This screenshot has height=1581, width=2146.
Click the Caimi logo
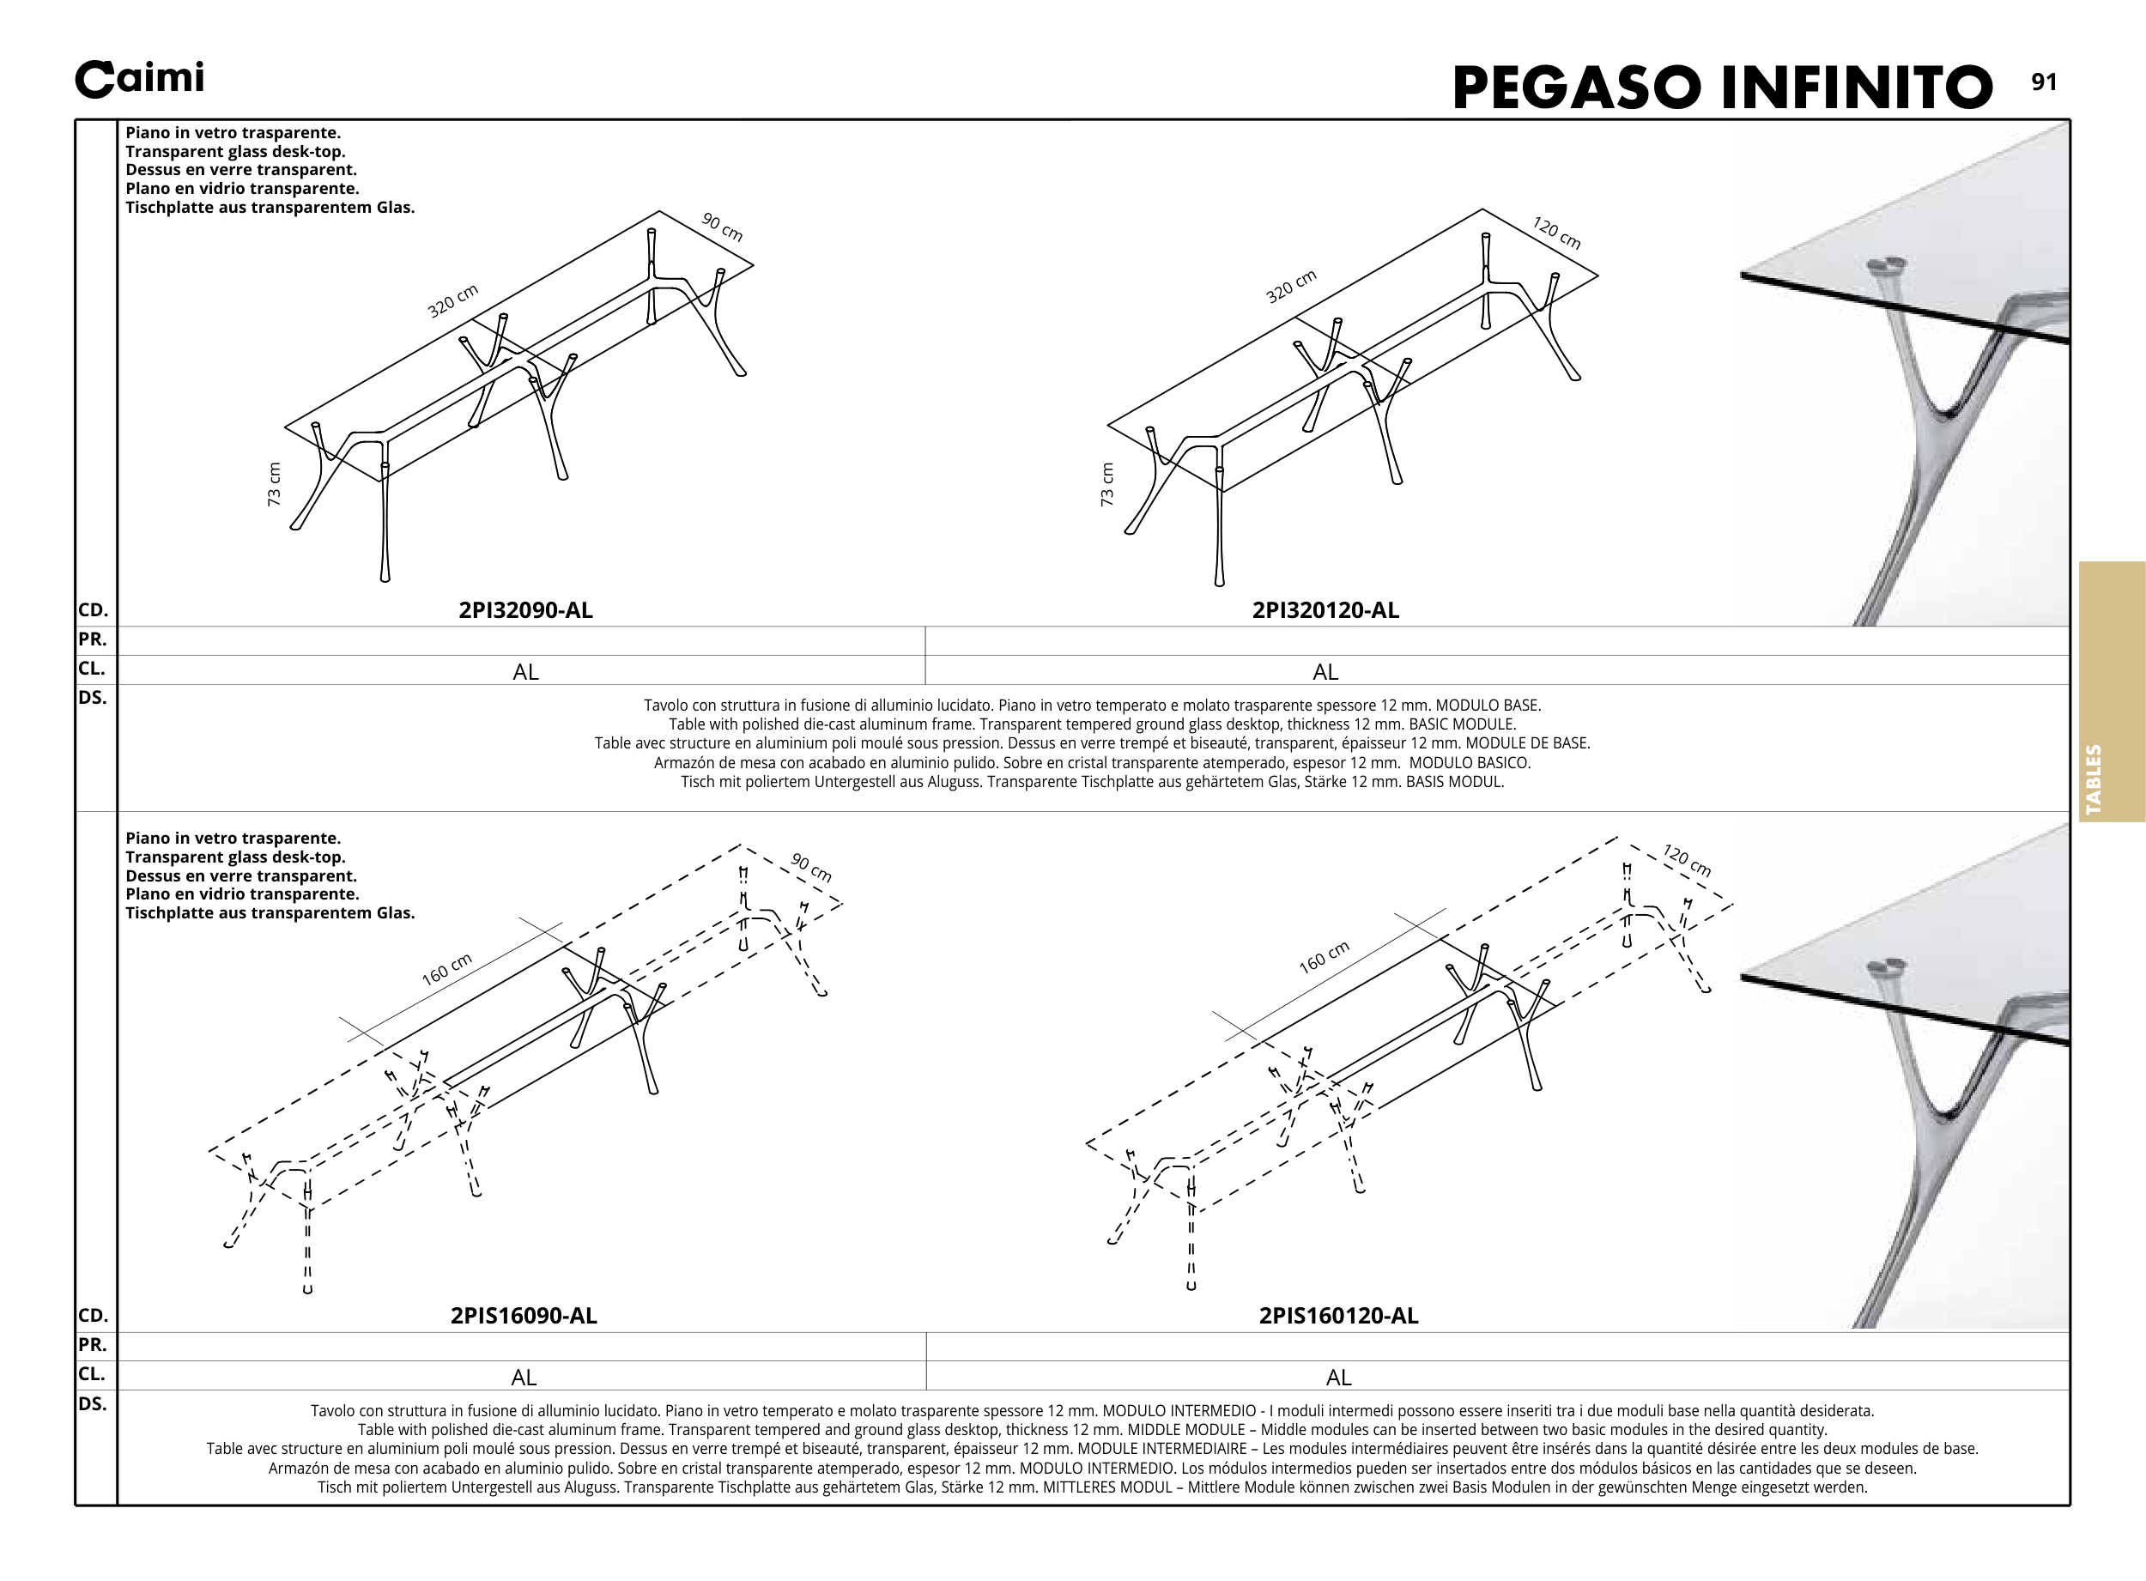pyautogui.click(x=140, y=80)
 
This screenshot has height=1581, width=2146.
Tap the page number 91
pyautogui.click(x=2044, y=82)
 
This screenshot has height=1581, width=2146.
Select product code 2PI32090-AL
pyautogui.click(x=525, y=610)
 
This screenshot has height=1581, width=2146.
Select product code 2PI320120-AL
pyautogui.click(x=1325, y=610)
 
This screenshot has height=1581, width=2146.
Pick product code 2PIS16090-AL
pyautogui.click(x=524, y=1316)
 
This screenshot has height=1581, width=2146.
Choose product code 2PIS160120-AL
pyautogui.click(x=1338, y=1316)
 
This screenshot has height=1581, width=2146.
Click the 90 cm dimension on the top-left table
pyautogui.click(x=723, y=227)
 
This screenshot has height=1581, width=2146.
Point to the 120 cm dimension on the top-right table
pyautogui.click(x=1556, y=233)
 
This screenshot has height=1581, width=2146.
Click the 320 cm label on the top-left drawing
pyautogui.click(x=452, y=301)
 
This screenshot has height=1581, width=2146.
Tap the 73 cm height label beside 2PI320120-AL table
pyautogui.click(x=1107, y=484)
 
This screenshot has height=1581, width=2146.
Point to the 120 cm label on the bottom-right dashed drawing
pyautogui.click(x=1687, y=860)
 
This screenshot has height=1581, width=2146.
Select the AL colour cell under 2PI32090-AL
pyautogui.click(x=525, y=672)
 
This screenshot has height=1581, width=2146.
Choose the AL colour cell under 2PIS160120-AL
pyautogui.click(x=1338, y=1378)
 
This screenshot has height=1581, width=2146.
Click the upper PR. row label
pyautogui.click(x=93, y=639)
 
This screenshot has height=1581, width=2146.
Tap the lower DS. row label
pyautogui.click(x=93, y=1404)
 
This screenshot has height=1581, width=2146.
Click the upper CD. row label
pyautogui.click(x=93, y=610)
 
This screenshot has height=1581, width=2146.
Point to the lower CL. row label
pyautogui.click(x=93, y=1374)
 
